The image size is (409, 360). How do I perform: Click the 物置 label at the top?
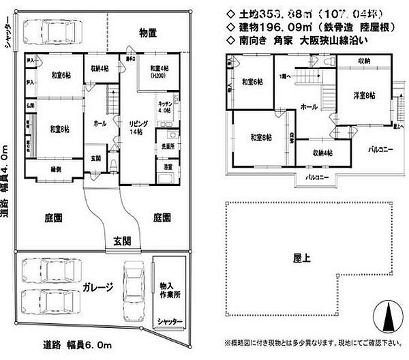149,32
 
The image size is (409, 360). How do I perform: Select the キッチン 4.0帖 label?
164,107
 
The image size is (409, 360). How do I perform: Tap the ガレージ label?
99,287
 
